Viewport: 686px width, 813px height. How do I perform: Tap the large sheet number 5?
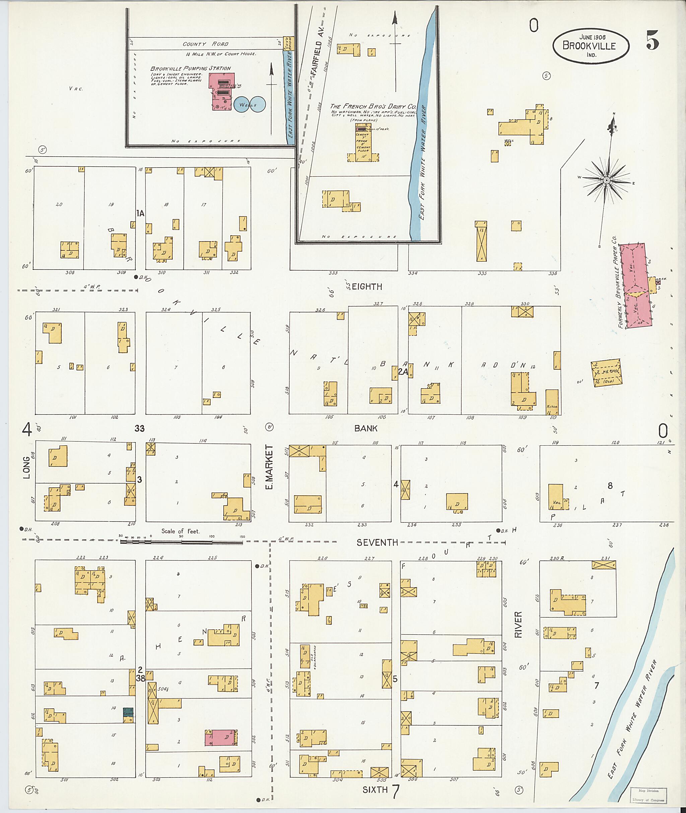652,40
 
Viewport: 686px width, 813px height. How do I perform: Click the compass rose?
607,181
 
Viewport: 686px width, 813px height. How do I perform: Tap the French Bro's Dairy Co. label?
373,106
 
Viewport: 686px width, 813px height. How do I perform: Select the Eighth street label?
367,287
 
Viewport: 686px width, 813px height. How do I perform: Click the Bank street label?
365,428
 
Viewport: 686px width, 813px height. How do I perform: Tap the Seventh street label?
377,543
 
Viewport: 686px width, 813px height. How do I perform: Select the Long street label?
26,468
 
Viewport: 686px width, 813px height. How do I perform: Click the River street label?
518,625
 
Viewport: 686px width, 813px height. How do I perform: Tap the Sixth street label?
375,790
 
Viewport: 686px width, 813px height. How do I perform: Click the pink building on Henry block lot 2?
220,738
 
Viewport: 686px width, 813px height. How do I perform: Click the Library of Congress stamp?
648,796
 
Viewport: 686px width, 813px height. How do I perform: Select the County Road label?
205,44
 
